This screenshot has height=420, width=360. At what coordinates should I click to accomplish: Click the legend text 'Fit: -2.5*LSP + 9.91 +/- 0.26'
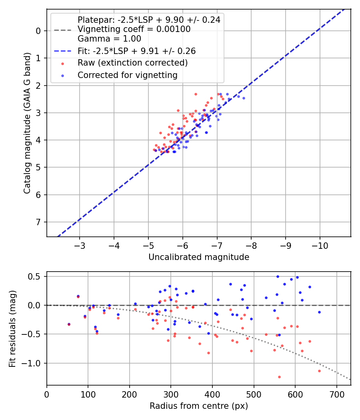(136, 51)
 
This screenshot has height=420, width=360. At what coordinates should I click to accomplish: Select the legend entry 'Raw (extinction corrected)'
(132, 63)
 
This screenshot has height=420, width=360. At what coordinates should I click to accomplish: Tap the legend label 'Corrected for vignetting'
(128, 75)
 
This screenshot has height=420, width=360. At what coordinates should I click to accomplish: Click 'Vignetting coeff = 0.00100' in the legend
(134, 29)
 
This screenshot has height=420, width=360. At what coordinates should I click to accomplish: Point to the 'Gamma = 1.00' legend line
(109, 39)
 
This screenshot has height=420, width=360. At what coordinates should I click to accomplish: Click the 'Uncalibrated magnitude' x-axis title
(199, 257)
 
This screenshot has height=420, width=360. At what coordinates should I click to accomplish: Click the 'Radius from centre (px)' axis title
(199, 406)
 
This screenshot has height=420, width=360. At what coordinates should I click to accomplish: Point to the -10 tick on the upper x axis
(320, 244)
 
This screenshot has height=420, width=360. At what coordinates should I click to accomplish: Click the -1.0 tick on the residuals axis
(34, 363)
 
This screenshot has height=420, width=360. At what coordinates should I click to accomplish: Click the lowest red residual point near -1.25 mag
(279, 377)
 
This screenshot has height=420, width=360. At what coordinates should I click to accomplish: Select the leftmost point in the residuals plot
(69, 324)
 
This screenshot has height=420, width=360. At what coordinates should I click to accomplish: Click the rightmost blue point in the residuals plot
(319, 312)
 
